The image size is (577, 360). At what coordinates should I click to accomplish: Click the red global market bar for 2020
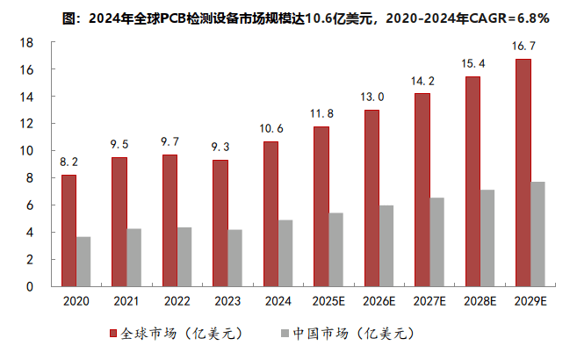69,230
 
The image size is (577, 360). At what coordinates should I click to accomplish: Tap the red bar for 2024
270,213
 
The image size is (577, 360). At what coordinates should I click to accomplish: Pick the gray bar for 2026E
386,245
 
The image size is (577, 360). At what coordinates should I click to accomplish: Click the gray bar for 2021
133,256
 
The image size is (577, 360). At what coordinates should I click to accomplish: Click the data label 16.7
523,46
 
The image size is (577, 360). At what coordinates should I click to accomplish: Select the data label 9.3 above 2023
220,148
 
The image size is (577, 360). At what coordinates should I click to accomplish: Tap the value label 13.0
372,97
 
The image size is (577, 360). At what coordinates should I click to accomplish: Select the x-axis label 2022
177,302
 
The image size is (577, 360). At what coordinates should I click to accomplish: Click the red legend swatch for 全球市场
112,334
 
